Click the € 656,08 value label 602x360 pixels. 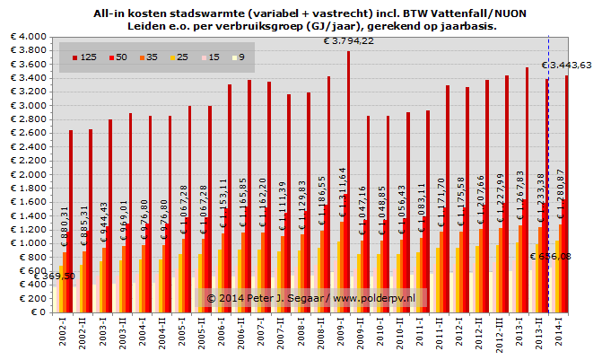[x=552, y=256]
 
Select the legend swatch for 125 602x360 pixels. [x=75, y=57]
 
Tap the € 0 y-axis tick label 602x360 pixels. [x=34, y=312]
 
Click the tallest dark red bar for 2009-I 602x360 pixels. [x=348, y=180]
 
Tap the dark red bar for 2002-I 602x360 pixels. [x=71, y=224]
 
